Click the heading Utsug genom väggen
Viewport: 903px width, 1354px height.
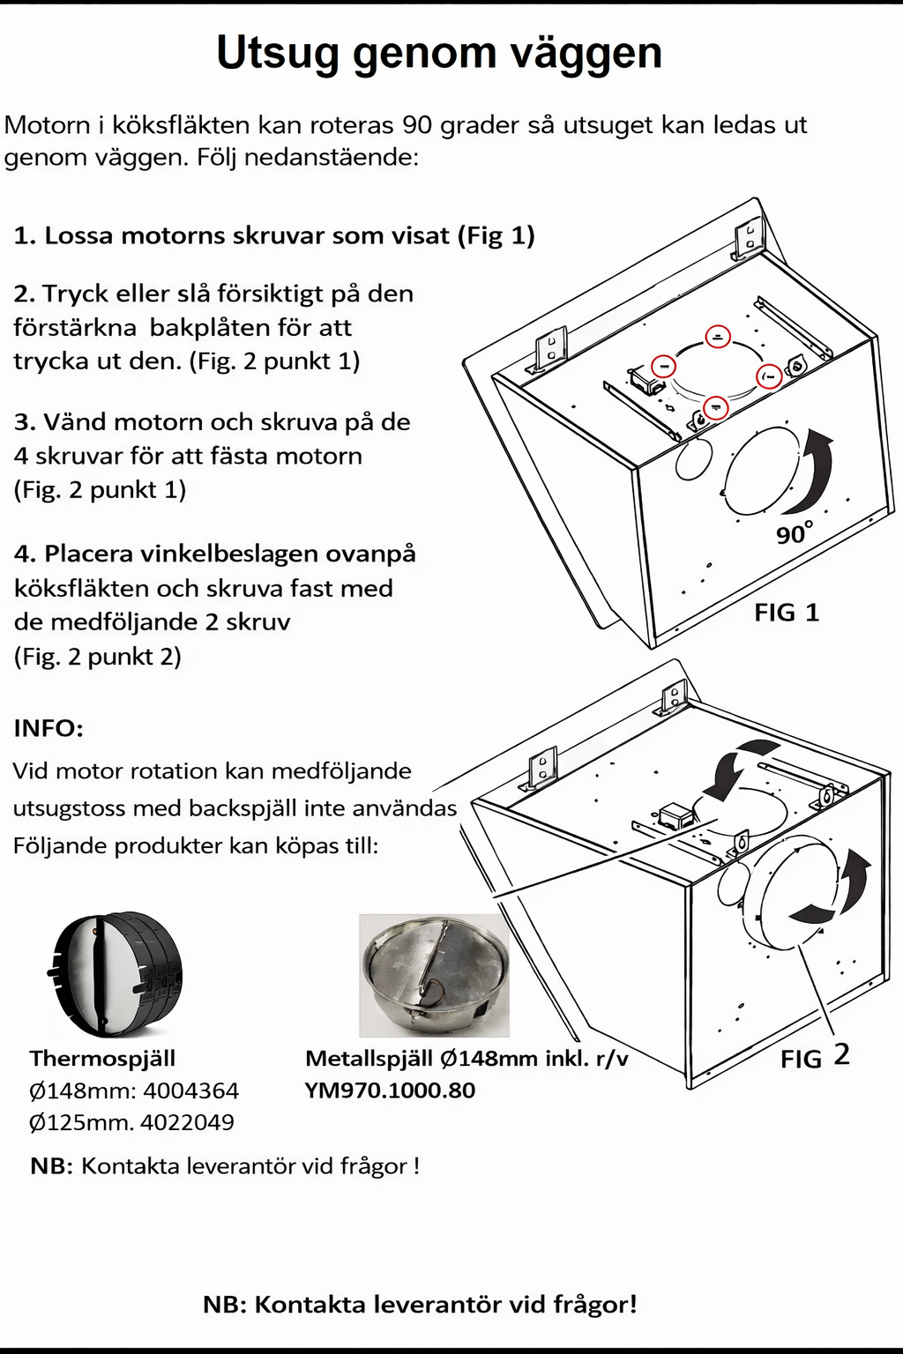(438, 54)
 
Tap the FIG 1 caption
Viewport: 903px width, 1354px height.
(787, 612)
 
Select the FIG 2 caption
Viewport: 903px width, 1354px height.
(815, 1056)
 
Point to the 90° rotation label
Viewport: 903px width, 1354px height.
(794, 532)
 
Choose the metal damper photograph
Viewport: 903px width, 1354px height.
(434, 975)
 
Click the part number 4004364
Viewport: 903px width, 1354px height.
(190, 1090)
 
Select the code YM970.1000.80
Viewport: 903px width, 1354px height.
(390, 1090)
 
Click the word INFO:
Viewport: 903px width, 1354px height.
(49, 728)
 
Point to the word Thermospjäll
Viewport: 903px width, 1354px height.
(102, 1058)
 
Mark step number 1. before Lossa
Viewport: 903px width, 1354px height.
(25, 235)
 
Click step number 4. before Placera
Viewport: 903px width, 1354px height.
(25, 554)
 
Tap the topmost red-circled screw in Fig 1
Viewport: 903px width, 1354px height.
(718, 336)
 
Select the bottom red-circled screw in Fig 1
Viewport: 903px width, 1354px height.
(715, 405)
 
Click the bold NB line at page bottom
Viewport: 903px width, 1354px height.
(420, 1304)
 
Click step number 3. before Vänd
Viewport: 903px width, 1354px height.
(25, 422)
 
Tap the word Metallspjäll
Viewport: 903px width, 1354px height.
(368, 1058)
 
